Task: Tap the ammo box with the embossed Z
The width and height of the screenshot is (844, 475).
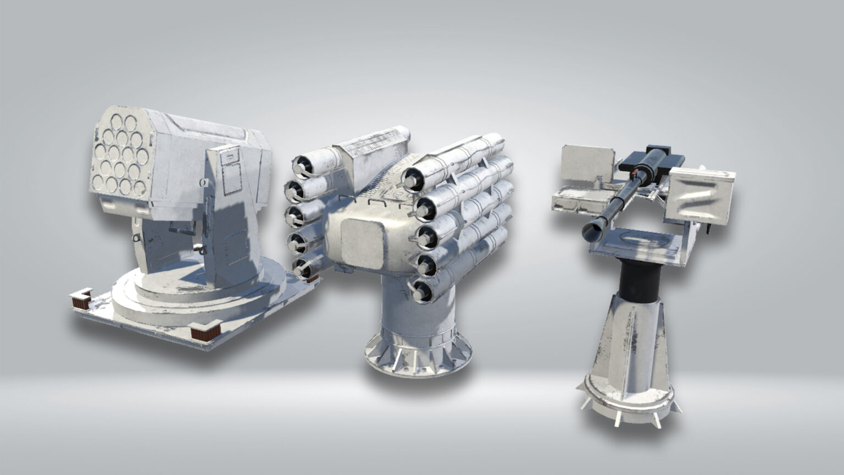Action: click(701, 196)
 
